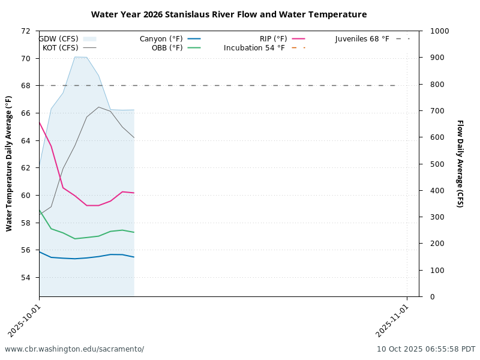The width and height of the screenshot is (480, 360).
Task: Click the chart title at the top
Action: tap(229, 14)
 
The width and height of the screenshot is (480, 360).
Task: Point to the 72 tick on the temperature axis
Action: tap(26, 31)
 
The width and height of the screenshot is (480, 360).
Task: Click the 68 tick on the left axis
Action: tap(26, 86)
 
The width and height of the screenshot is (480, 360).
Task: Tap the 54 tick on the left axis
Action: tap(26, 278)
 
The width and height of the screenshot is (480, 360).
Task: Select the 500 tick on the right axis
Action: tap(432, 164)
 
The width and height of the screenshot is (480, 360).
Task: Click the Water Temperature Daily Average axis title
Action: tap(9, 164)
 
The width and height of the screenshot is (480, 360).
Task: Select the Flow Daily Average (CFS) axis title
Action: tap(460, 164)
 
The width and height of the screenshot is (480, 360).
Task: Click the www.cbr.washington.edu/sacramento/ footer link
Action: tap(74, 349)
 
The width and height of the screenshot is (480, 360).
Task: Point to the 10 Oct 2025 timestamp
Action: tap(426, 349)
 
